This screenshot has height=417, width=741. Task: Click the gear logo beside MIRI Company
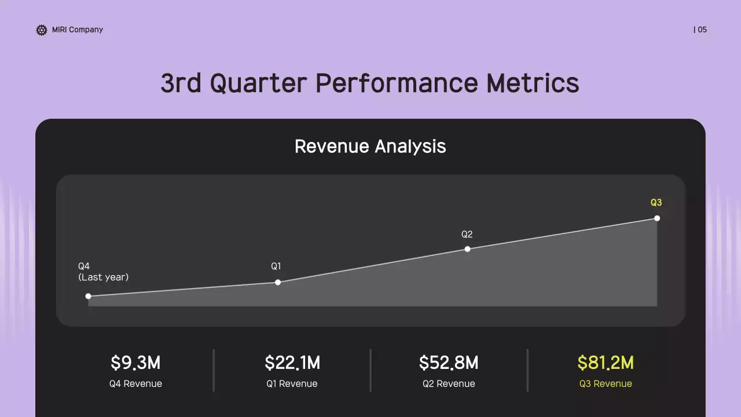click(41, 30)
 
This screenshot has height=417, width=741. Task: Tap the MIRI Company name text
click(78, 30)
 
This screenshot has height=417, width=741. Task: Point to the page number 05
click(702, 30)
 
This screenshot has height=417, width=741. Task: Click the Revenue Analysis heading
click(370, 146)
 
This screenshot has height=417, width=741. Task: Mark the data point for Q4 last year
click(88, 296)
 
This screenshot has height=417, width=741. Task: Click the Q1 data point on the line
click(278, 282)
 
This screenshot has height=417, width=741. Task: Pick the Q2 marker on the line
click(467, 249)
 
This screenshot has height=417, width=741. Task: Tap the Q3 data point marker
click(657, 218)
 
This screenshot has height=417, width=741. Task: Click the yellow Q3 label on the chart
click(656, 203)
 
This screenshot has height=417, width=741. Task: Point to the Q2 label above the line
click(467, 235)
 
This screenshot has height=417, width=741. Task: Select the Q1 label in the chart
click(276, 266)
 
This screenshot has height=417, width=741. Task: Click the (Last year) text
click(104, 277)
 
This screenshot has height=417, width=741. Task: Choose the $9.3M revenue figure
click(135, 363)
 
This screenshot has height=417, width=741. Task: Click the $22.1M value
click(292, 363)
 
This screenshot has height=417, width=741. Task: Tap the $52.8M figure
click(449, 363)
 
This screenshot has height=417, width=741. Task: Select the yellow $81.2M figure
click(606, 363)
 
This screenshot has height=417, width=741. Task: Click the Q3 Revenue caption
click(606, 383)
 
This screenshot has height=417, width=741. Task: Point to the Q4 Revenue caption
click(135, 383)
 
